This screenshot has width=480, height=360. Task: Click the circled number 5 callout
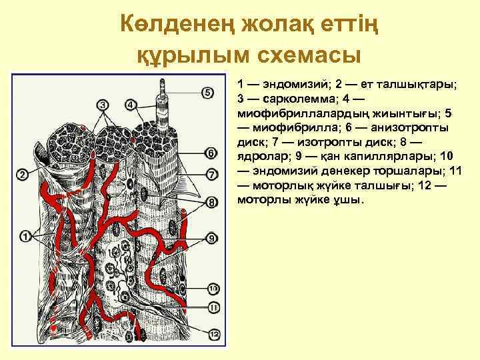[207, 92]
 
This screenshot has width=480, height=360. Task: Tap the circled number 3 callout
[102, 105]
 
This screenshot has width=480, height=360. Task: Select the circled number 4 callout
[131, 105]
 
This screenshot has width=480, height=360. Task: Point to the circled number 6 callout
[211, 153]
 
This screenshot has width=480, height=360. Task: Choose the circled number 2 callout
[22, 175]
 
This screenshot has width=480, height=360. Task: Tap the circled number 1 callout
[26, 236]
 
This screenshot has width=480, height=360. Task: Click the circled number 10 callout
[213, 289]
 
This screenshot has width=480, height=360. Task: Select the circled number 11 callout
[213, 307]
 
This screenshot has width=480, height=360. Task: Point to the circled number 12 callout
[213, 334]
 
